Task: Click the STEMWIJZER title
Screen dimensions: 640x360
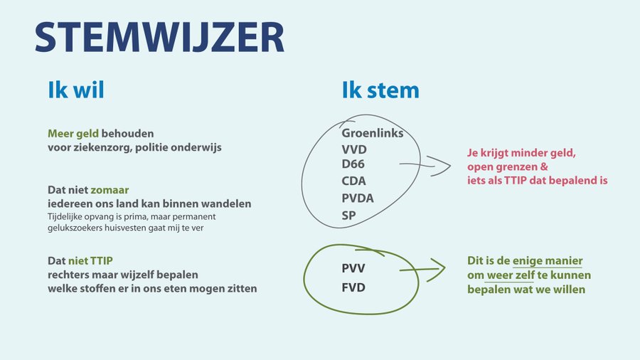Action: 159,37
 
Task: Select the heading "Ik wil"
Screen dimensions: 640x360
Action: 76,90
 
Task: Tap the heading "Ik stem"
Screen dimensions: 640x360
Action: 380,90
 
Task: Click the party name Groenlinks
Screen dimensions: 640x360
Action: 372,133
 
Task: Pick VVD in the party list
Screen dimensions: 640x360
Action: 354,150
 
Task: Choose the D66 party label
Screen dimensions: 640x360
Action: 353,164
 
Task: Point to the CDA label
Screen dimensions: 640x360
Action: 353,181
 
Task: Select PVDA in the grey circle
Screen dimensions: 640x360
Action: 358,198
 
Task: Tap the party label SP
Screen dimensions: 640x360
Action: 348,215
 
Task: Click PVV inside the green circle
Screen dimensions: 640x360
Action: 353,268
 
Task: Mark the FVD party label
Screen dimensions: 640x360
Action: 353,287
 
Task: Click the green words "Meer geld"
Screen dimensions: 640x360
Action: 73,134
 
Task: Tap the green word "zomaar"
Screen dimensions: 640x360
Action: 110,190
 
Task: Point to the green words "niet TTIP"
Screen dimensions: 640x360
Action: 90,260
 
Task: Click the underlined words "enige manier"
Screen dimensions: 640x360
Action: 548,261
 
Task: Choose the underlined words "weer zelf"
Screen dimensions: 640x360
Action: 511,275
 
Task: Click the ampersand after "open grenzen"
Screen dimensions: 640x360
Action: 544,167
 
